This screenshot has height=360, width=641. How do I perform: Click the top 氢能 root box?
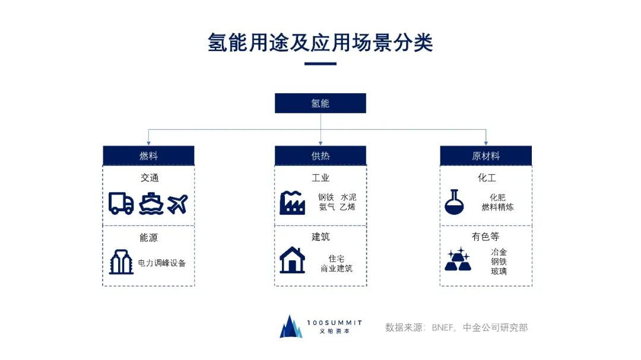tap(320, 103)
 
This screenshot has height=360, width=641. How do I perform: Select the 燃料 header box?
tap(148, 156)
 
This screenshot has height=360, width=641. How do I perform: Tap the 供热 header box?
tap(320, 156)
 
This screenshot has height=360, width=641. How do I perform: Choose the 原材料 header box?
tap(485, 156)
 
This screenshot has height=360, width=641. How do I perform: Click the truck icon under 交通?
tap(121, 203)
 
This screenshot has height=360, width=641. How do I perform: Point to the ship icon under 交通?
tap(151, 203)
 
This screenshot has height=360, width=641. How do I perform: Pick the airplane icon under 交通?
tap(177, 203)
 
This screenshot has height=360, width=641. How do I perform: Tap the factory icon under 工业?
tap(292, 202)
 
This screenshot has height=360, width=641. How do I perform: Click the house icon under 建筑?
tap(292, 260)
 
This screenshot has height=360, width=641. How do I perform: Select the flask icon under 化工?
tap(454, 202)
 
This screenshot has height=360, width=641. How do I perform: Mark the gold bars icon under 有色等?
tap(457, 260)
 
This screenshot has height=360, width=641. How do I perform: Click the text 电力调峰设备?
tap(162, 263)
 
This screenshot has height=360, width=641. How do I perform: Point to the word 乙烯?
tap(348, 207)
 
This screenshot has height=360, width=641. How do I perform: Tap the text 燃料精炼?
tap(497, 207)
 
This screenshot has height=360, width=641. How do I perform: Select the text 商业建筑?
tap(336, 269)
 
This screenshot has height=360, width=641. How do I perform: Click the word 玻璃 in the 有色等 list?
tap(499, 272)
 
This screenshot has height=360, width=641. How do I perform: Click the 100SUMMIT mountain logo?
tap(291, 326)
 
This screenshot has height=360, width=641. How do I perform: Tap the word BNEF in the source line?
tap(443, 327)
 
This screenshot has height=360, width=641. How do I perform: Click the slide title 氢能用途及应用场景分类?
tap(320, 43)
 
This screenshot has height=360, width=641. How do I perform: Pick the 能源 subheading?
tap(148, 237)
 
